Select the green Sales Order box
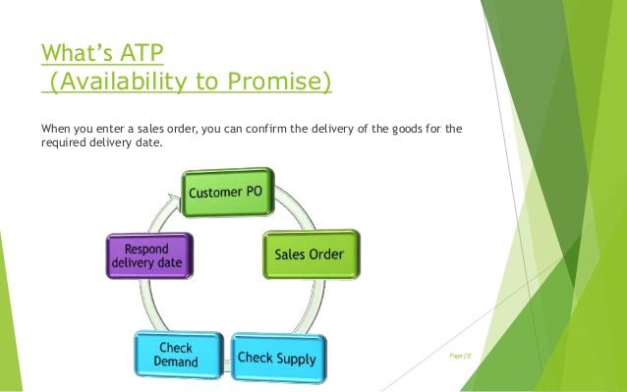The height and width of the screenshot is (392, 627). (x=311, y=253)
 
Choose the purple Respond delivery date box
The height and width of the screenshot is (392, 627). (x=150, y=256)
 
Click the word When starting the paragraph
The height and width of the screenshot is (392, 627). (x=56, y=129)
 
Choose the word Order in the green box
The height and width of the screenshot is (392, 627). (x=327, y=253)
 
